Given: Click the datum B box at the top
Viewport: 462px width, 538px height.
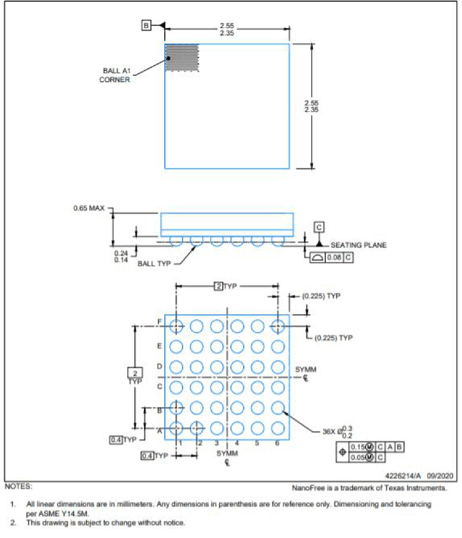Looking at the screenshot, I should click(x=146, y=25).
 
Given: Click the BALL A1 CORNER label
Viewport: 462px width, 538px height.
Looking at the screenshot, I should click(x=115, y=75).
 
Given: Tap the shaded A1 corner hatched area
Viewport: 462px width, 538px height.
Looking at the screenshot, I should click(x=182, y=58).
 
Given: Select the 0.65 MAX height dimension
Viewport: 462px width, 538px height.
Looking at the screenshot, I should click(x=89, y=208).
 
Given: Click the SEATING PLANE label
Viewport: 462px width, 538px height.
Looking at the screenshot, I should click(x=358, y=245).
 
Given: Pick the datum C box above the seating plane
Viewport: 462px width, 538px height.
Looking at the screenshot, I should click(x=319, y=227).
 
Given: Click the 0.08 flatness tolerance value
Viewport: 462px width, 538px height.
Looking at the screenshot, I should click(x=334, y=258).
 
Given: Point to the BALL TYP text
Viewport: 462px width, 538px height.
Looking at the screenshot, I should click(x=154, y=264).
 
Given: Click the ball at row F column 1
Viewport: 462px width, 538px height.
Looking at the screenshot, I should click(x=176, y=326).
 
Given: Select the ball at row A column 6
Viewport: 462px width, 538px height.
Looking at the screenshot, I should click(x=278, y=428).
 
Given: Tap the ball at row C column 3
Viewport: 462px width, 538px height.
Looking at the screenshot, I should click(x=217, y=387).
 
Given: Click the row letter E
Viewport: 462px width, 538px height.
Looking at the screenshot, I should click(x=159, y=346).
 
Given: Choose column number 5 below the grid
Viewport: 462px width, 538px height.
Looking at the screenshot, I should click(x=257, y=443).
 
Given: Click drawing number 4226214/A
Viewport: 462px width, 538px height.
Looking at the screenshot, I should click(x=403, y=476).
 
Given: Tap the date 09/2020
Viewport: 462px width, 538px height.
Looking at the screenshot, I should click(x=440, y=476).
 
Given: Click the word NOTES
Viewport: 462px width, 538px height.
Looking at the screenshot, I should click(x=18, y=486).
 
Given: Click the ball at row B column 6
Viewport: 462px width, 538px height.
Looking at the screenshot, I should click(x=278, y=408).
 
